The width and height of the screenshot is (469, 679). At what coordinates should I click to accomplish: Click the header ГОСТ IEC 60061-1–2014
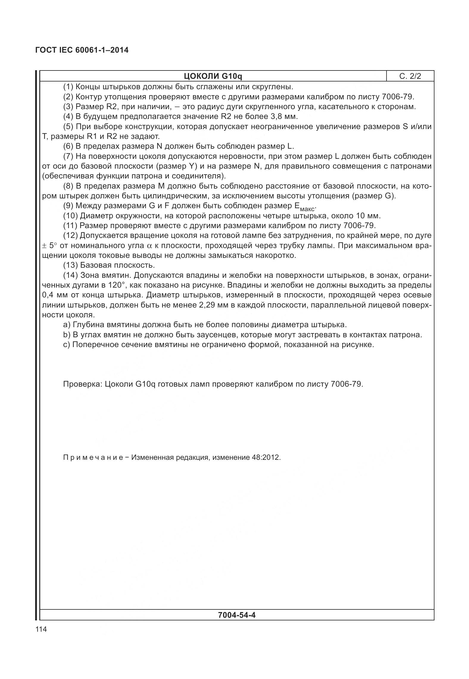pyautogui.click(x=82, y=50)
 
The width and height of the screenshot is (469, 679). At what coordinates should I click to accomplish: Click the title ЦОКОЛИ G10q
pyautogui.click(x=213, y=76)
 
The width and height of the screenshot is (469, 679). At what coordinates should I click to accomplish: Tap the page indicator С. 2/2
pyautogui.click(x=410, y=76)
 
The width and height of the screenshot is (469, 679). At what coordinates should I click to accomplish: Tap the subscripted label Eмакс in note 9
pyautogui.click(x=303, y=206)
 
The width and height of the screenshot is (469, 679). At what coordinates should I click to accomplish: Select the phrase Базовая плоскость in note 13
pyautogui.click(x=117, y=265)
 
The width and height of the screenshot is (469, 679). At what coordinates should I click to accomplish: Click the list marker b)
pyautogui.click(x=66, y=335)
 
